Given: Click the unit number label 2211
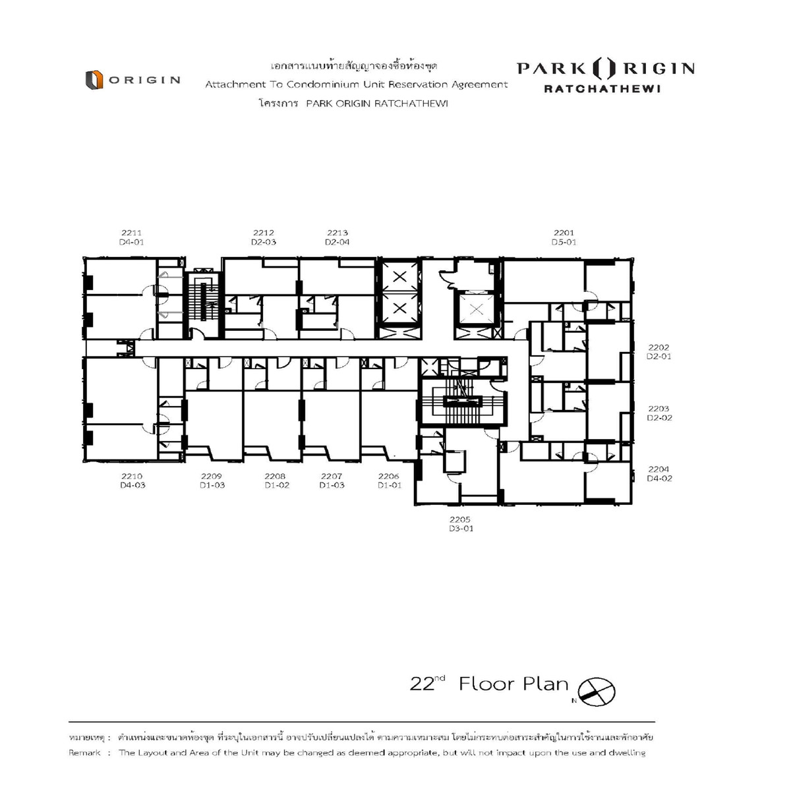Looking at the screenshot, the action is click(x=131, y=233).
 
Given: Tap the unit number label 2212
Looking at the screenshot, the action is click(x=263, y=233).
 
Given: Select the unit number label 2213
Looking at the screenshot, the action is click(x=337, y=233).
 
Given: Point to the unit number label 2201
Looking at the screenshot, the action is click(x=564, y=233).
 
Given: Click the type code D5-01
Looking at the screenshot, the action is click(x=564, y=242).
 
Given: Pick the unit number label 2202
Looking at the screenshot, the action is click(x=659, y=347).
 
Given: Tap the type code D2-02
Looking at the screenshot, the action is click(x=659, y=418).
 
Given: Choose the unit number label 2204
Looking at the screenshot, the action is click(x=659, y=469).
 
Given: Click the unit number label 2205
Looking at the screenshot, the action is click(x=459, y=519).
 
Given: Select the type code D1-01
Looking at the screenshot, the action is click(x=390, y=485).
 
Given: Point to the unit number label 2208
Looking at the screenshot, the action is click(x=275, y=476).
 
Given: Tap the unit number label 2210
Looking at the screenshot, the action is click(x=132, y=476).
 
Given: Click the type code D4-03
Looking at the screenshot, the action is click(x=132, y=485).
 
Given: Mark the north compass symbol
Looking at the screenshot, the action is click(x=596, y=691).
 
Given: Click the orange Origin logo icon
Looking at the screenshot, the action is click(x=94, y=80).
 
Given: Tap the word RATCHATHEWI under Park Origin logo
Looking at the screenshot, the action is click(x=602, y=89).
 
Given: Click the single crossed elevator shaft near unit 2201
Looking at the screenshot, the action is click(x=476, y=308).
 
